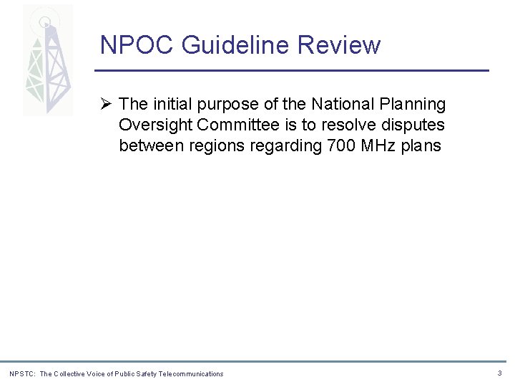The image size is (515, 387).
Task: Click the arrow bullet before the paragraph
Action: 106,105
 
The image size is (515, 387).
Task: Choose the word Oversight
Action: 155,125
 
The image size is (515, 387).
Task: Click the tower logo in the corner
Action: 47,61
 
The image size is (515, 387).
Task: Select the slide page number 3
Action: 499,373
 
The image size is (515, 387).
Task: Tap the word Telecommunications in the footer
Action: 191,373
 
